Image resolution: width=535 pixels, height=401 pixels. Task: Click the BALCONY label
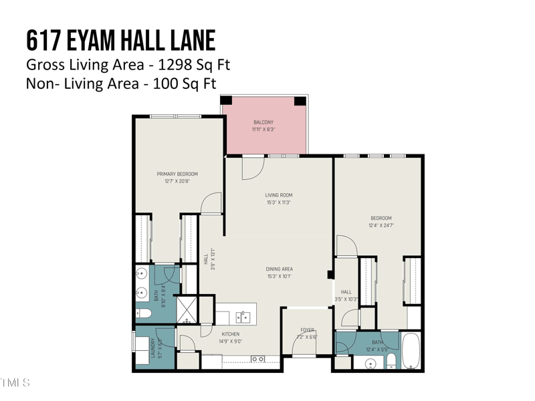263,122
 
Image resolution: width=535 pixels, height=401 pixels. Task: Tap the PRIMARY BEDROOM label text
177,174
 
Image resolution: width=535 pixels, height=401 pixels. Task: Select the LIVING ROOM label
278,195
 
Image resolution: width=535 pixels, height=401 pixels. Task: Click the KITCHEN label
230,334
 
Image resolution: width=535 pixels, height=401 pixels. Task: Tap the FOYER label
307,329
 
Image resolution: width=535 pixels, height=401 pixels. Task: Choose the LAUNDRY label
153,348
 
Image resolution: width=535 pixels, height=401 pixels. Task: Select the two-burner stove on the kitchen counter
257,360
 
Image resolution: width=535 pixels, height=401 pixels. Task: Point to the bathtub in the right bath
410,352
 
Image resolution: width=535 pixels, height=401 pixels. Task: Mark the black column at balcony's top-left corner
227,101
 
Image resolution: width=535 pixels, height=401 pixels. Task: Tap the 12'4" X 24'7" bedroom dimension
381,226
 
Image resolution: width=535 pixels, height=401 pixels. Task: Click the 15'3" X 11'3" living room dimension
278,203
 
